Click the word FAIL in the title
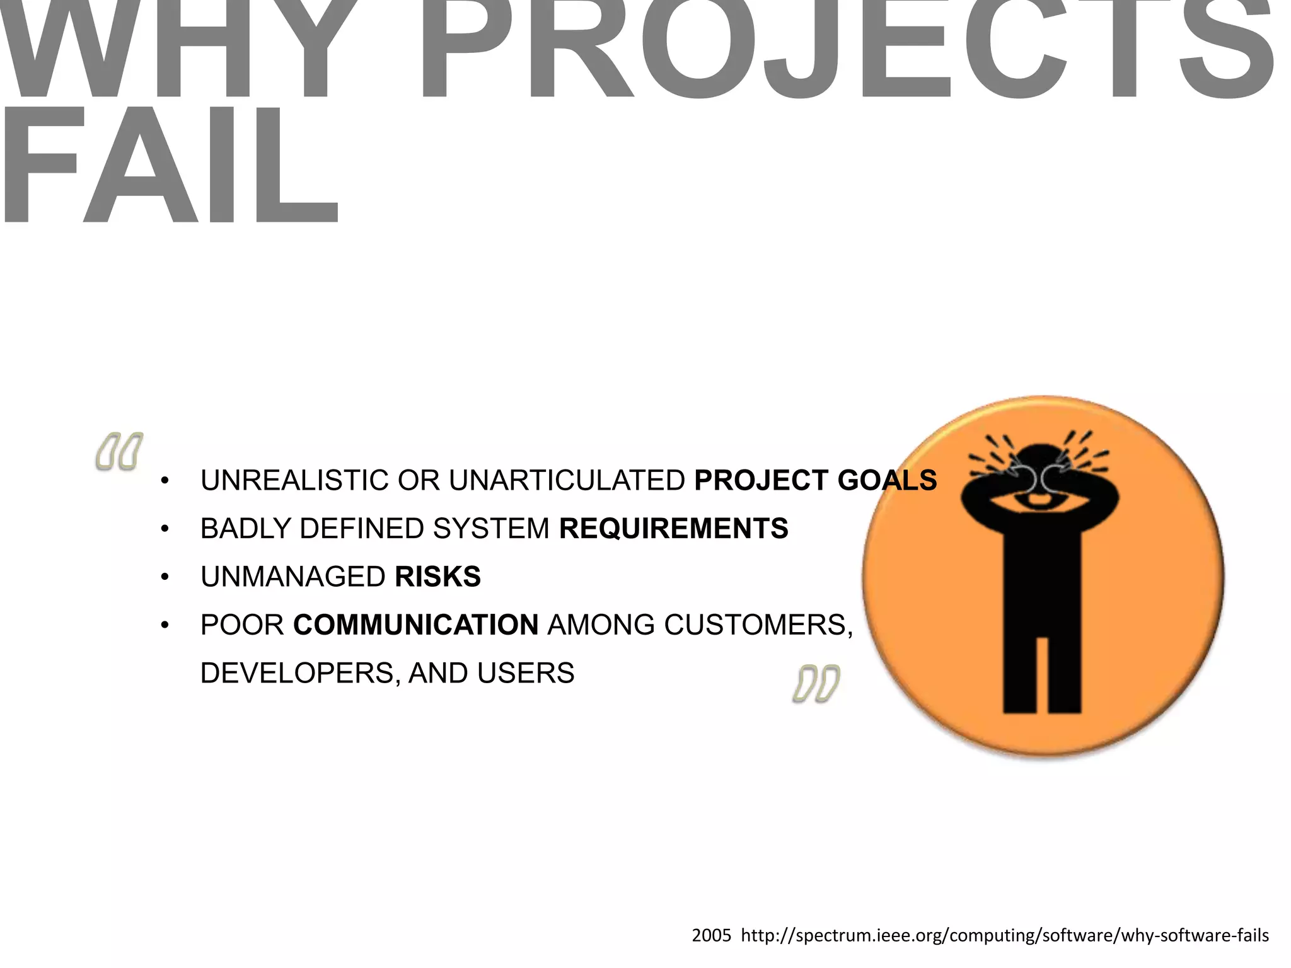pos(170,165)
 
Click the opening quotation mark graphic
pos(119,451)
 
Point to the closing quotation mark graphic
pos(816,683)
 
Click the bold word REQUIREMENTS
pos(673,528)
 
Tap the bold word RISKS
pos(437,577)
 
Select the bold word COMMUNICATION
pos(416,625)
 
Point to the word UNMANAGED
pos(293,577)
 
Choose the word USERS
pos(526,673)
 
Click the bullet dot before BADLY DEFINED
pos(165,529)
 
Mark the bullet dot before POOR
pos(165,625)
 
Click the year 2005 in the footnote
pos(711,935)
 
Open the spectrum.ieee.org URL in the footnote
pos(1005,935)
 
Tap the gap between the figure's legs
pos(1042,674)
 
